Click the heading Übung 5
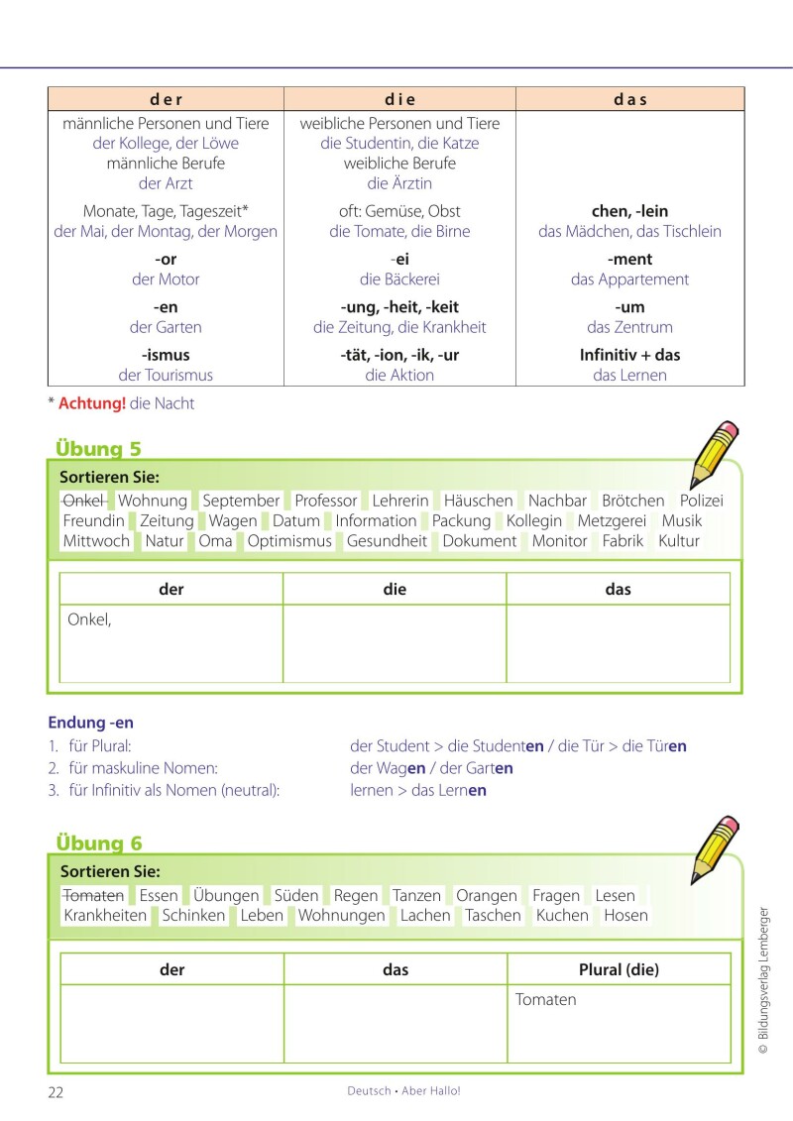pos(98,449)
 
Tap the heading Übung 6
pos(98,843)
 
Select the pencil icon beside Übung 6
pos(715,849)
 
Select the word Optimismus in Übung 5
pos(289,541)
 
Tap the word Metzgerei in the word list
pos(612,520)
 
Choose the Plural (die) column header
pos(619,970)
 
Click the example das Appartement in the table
pos(629,280)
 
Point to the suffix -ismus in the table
pos(166,355)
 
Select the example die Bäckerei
pos(399,280)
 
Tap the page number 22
pos(56,1091)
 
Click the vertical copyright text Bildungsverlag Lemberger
pos(762,980)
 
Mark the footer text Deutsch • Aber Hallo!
pos(403,1090)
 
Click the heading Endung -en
pos(90,723)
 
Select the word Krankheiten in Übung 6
pos(105,916)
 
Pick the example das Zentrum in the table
pos(629,327)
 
